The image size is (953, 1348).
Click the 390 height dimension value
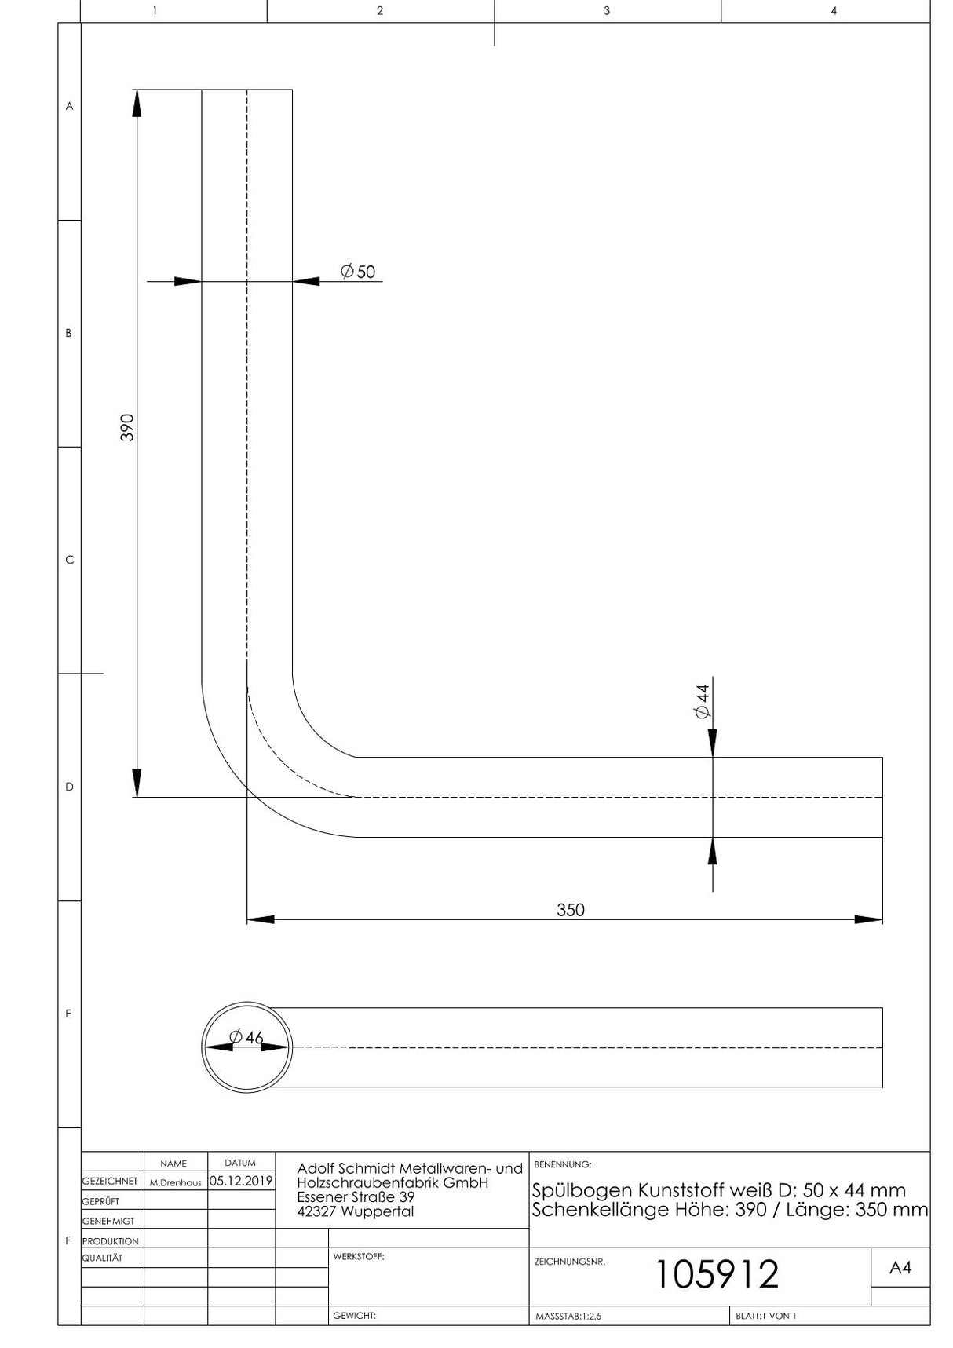tap(127, 427)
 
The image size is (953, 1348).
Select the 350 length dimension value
tap(571, 910)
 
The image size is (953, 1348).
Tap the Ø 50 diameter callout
tap(358, 272)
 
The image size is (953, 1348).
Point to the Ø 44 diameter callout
tap(702, 700)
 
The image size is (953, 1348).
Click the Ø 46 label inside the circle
tap(246, 1037)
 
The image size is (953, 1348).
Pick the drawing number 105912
tap(717, 1273)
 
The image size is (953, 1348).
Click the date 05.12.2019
tap(241, 1181)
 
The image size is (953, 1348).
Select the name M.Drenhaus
tap(175, 1182)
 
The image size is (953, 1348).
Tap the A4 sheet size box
tap(900, 1267)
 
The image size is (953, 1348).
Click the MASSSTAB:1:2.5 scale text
tap(568, 1316)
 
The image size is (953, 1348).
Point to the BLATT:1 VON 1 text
tap(766, 1316)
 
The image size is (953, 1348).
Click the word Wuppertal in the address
tap(378, 1211)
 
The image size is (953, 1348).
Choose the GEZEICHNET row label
tap(110, 1181)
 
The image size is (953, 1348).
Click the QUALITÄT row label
tap(102, 1258)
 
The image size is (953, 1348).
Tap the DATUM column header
tap(240, 1163)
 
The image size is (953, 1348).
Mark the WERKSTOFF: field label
tap(359, 1256)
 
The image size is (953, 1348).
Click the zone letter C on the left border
tap(69, 560)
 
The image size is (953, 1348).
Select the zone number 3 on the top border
tap(607, 11)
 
